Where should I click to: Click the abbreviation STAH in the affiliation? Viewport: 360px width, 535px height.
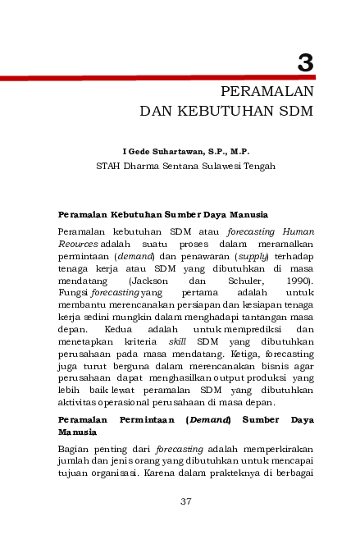tap(109, 165)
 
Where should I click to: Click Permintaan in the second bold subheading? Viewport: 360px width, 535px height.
tap(143, 419)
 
